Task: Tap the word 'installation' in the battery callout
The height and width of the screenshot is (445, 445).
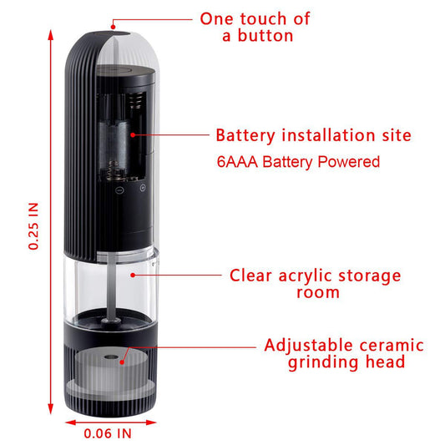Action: pyautogui.click(x=326, y=135)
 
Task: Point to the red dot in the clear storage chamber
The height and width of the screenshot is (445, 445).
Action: pyautogui.click(x=130, y=272)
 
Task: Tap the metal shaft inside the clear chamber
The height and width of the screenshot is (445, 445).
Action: pyautogui.click(x=109, y=284)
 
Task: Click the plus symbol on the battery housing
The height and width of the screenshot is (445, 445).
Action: pyautogui.click(x=142, y=188)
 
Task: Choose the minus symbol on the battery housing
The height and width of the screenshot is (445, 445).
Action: pyautogui.click(x=120, y=189)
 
